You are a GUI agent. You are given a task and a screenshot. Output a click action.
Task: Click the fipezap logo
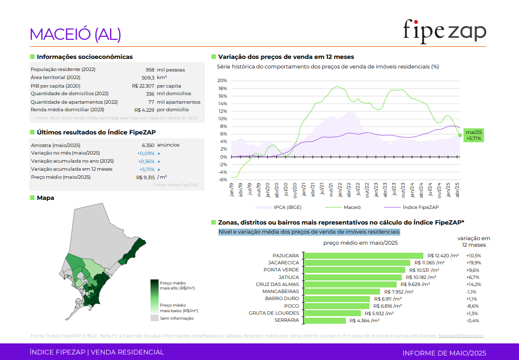click(444, 31)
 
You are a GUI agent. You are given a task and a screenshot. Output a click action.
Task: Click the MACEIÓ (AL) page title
click(76, 34)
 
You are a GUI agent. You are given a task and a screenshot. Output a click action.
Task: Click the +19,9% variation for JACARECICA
click(474, 263)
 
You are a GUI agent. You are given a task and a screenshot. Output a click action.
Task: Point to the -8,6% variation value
click(473, 306)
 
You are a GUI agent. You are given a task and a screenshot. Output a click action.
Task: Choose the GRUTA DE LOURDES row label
click(274, 313)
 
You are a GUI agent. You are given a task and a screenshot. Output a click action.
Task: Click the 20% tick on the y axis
click(222, 81)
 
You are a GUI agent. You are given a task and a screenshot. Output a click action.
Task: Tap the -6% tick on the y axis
click(222, 180)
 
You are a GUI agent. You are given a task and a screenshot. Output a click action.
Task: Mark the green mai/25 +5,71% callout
click(474, 135)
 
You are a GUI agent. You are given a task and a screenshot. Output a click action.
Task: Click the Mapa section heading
click(45, 198)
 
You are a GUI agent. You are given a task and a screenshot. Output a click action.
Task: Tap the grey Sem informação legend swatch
click(154, 318)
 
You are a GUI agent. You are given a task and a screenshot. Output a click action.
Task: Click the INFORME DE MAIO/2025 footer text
click(444, 352)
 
